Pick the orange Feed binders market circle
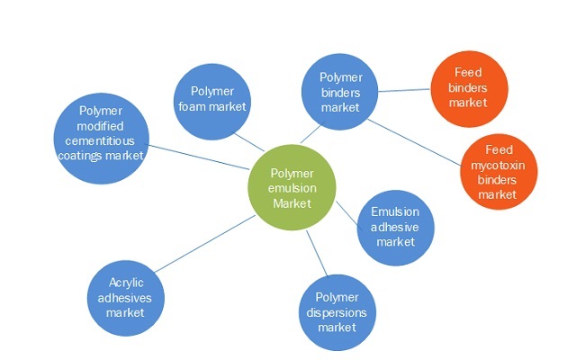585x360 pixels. coord(467,88)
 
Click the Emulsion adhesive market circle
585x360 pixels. coord(395,226)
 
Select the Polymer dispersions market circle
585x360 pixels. coord(337,311)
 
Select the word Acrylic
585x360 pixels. coord(125,283)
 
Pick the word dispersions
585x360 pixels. coord(337,311)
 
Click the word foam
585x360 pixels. coord(203,106)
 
